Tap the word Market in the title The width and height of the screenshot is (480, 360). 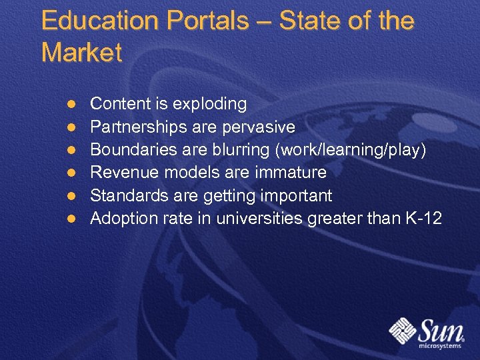[x=82, y=53]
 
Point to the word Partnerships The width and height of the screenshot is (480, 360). [x=139, y=127]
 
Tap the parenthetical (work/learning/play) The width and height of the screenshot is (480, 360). [x=350, y=150]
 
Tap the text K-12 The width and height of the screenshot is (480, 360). [x=423, y=218]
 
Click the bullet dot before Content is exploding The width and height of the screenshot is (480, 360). [x=71, y=105]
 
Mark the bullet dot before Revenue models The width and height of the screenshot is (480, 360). [x=71, y=173]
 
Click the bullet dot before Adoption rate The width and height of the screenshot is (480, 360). [x=71, y=219]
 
